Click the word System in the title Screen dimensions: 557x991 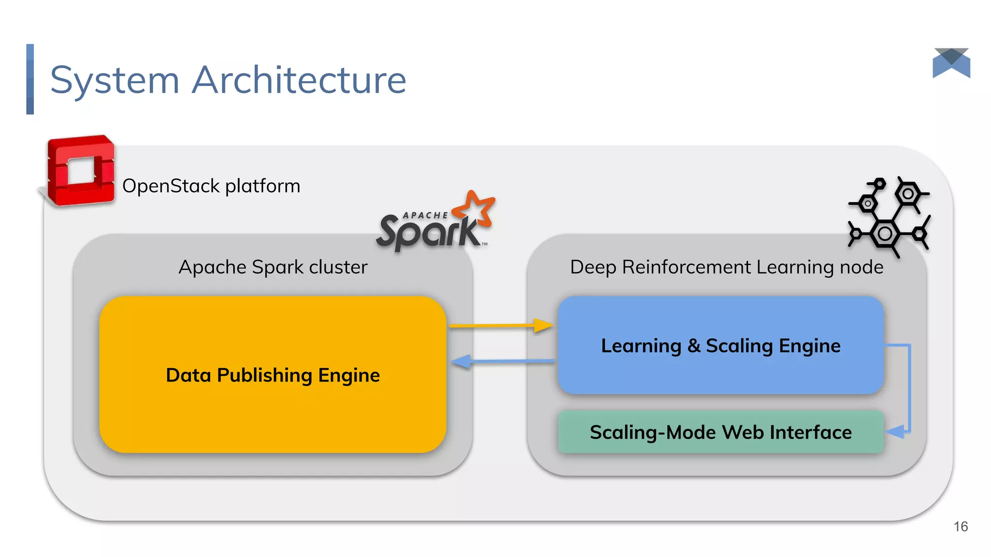[x=115, y=80]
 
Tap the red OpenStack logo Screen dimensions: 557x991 [x=80, y=171]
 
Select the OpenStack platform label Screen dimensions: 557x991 [x=211, y=186]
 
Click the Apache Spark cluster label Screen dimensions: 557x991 [x=273, y=267]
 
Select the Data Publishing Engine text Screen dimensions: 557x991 [x=272, y=375]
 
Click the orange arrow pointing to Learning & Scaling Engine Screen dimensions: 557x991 [x=501, y=326]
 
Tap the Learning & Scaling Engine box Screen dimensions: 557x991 [x=720, y=346]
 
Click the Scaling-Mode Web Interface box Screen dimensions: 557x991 [x=720, y=432]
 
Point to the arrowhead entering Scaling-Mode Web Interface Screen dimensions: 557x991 [x=896, y=431]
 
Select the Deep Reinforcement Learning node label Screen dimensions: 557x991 [x=726, y=267]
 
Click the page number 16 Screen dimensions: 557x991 [x=961, y=527]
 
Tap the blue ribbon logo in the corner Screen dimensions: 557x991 [x=951, y=63]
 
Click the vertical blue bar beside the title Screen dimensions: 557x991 [x=30, y=79]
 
